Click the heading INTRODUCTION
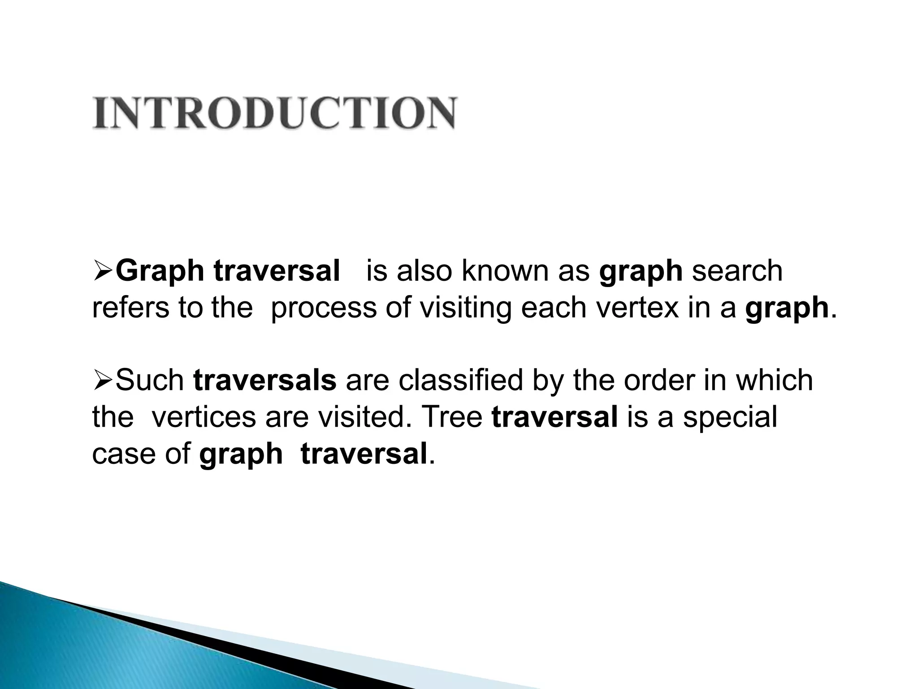tap(274, 113)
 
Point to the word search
tap(737, 271)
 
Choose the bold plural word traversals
tap(265, 380)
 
